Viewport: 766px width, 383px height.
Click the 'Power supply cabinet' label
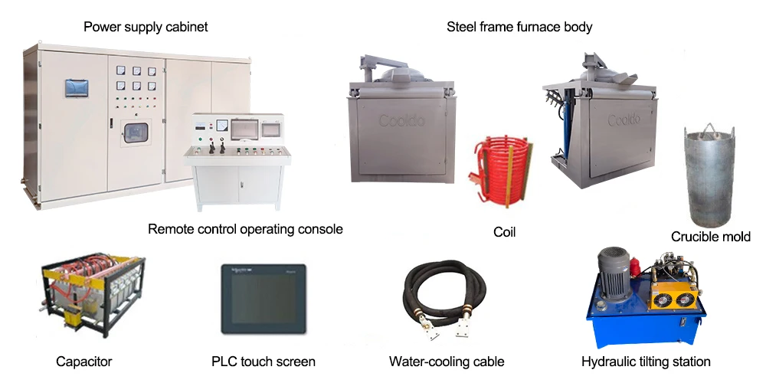(146, 28)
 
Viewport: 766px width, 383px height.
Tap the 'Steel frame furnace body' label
(519, 28)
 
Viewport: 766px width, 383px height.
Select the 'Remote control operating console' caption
(245, 229)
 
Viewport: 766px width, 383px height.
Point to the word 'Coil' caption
(505, 231)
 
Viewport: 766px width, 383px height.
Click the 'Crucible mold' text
(711, 237)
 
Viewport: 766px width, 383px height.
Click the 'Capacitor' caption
(84, 362)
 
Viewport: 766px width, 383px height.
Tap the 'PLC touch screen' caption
(264, 362)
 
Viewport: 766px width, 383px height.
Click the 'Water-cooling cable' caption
(447, 362)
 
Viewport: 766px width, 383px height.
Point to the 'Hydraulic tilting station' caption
(646, 362)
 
